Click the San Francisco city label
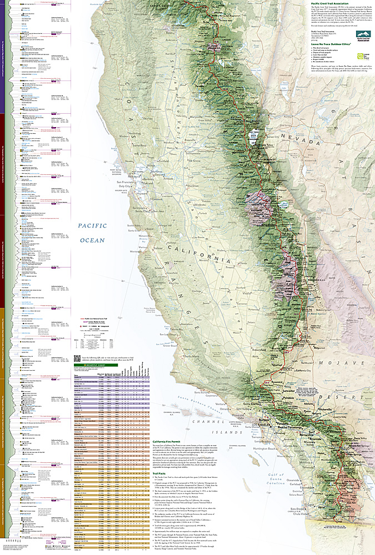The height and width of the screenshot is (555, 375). point(126,181)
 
